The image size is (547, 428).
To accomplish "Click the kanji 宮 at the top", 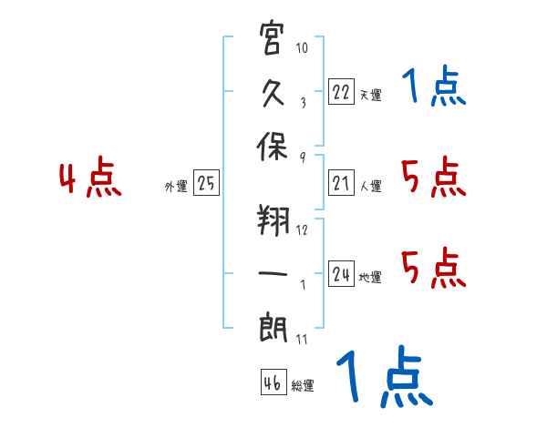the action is (271, 37).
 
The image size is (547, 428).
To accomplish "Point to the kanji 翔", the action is (273, 220).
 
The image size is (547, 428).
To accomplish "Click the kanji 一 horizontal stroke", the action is (273, 273).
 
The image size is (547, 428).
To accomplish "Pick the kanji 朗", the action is (273, 328).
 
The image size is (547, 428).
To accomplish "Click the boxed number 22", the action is (341, 91).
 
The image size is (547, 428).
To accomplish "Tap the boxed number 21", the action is (341, 182).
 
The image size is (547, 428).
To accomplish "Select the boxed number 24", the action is (341, 273).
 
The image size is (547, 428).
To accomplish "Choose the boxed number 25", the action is (206, 182).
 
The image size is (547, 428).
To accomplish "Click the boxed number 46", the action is (273, 382).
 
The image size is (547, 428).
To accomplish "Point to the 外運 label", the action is (176, 187).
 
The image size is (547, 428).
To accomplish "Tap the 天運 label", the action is (371, 95).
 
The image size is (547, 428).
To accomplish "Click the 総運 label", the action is (303, 386).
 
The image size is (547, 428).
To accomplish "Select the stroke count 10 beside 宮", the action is (302, 47).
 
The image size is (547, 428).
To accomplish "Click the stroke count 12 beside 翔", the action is (302, 229).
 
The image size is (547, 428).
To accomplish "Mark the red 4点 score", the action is (90, 177).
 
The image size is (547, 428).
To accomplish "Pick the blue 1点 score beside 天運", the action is (434, 86).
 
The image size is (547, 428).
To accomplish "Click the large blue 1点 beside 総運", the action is (385, 376).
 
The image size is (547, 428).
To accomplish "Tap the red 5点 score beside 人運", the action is (434, 177).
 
